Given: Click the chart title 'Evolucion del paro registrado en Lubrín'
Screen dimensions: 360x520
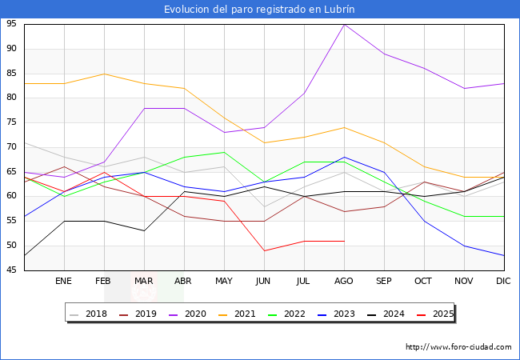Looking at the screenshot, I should [x=259, y=10].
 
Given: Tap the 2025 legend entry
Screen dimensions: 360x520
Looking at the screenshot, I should [x=438, y=314].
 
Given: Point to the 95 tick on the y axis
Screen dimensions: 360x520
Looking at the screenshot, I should [x=13, y=24].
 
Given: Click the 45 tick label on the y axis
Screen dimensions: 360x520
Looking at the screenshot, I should [x=13, y=270].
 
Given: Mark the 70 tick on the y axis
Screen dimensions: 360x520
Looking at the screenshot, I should [x=13, y=147].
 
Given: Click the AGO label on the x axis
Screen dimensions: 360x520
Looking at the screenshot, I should [x=344, y=282].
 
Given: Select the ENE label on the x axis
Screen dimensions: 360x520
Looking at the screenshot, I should [x=64, y=282].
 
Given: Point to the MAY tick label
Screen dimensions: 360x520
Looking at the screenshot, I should [x=224, y=282].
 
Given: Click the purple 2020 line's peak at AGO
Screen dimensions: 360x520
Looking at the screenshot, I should [x=344, y=24].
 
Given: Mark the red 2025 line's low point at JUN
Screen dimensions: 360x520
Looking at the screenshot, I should [x=264, y=250].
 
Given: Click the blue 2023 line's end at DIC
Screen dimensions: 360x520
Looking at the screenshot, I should [x=504, y=255].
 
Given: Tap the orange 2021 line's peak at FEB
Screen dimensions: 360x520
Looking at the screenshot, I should [x=104, y=74].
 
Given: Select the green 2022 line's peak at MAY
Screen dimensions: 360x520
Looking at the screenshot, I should [x=224, y=152].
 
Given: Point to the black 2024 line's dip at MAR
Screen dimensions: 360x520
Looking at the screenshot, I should [x=144, y=230].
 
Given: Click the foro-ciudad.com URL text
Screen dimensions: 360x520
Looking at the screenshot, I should [x=458, y=347].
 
